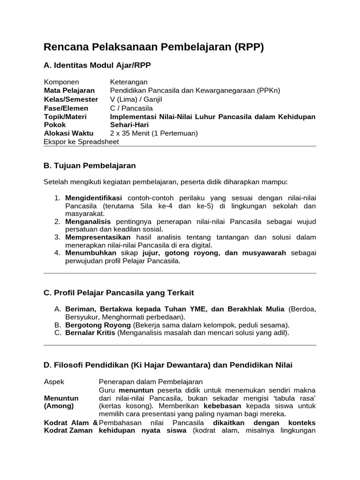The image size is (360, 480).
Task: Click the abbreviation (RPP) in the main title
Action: click(247, 47)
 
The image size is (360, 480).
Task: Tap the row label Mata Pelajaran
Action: click(69, 90)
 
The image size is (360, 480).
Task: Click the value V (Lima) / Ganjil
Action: click(136, 99)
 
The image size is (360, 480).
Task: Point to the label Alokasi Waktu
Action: click(69, 133)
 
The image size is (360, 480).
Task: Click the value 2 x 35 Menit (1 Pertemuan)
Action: click(154, 133)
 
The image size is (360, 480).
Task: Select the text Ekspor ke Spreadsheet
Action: click(81, 142)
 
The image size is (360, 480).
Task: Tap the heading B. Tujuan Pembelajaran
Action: click(90, 165)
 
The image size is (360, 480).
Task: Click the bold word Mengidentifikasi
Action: click(93, 198)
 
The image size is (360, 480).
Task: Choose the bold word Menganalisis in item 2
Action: click(88, 221)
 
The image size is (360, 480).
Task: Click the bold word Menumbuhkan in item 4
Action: click(90, 253)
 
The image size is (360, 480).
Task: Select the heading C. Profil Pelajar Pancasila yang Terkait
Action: click(119, 293)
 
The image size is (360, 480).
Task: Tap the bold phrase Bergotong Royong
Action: click(98, 325)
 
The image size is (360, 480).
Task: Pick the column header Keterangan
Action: click(129, 82)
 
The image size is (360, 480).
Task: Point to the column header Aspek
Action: click(54, 382)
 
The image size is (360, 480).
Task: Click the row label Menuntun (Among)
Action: click(61, 402)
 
